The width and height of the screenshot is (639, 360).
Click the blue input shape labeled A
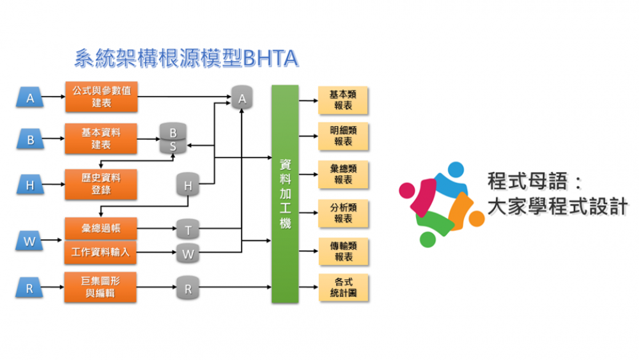point(29,98)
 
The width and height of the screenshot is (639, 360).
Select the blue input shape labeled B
point(29,139)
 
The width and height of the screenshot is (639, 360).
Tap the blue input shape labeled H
point(29,185)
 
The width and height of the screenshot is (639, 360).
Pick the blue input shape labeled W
point(29,242)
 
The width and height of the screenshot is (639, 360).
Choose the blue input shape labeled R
point(29,288)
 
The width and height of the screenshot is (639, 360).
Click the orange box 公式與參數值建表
point(101,97)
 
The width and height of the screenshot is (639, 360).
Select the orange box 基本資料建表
point(101,139)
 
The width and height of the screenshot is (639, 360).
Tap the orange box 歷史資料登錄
point(101,184)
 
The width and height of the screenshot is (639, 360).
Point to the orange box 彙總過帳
point(101,228)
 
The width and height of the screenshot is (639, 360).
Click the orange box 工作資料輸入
point(101,253)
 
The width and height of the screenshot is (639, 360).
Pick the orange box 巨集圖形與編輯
point(101,288)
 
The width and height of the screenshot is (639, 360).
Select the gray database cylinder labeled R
point(188,288)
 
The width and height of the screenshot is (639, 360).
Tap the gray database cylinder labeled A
point(242,97)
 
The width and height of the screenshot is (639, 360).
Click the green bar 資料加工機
point(285,194)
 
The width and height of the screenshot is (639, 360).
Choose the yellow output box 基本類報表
point(343,100)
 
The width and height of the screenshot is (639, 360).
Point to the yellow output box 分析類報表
point(343,214)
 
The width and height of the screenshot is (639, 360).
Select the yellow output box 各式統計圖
point(343,288)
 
